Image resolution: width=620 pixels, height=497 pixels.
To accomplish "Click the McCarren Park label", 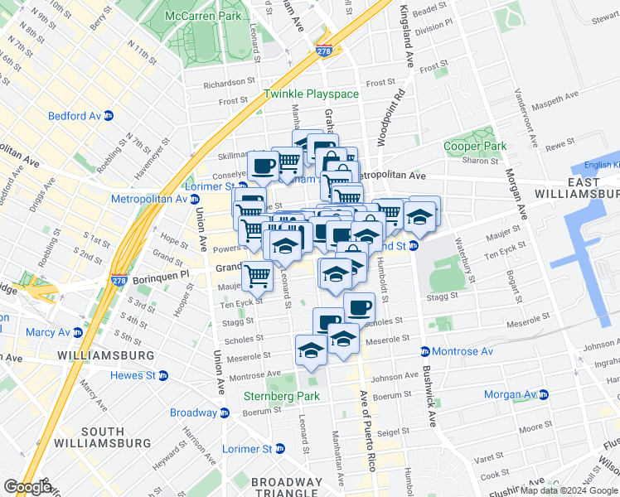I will (203, 16).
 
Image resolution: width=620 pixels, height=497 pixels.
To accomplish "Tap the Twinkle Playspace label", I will (312, 94).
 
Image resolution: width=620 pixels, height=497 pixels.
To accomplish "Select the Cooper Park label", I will (474, 146).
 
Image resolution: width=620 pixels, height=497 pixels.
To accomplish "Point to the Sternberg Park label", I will (282, 396).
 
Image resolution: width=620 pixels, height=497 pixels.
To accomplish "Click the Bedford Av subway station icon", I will (109, 116).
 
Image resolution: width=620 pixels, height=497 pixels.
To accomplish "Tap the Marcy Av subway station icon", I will (77, 333).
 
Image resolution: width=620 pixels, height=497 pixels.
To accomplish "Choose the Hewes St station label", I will (128, 375).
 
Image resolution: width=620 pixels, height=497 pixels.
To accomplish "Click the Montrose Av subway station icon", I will (425, 352).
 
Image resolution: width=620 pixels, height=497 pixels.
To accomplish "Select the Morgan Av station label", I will (512, 394).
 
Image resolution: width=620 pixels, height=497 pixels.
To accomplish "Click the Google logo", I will (27, 487).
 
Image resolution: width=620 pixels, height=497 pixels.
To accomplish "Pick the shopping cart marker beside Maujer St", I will (258, 275).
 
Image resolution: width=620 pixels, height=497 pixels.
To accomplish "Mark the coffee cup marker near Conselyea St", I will (264, 166).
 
